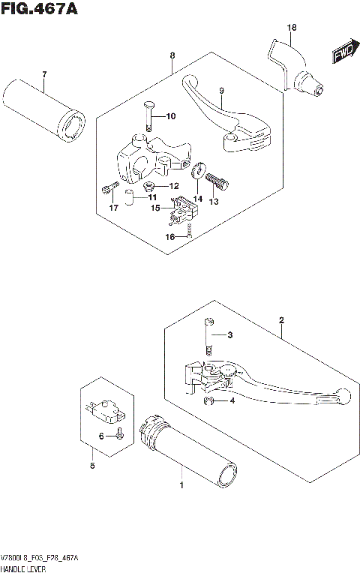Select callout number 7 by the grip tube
[x=44, y=74]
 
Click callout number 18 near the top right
[x=292, y=28]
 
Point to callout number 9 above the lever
[x=221, y=91]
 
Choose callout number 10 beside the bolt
[x=170, y=116]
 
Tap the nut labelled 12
[x=149, y=185]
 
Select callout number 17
[x=113, y=208]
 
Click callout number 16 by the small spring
[x=170, y=236]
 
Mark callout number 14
[x=198, y=199]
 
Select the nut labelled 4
[x=209, y=400]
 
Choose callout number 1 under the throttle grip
[x=181, y=486]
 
